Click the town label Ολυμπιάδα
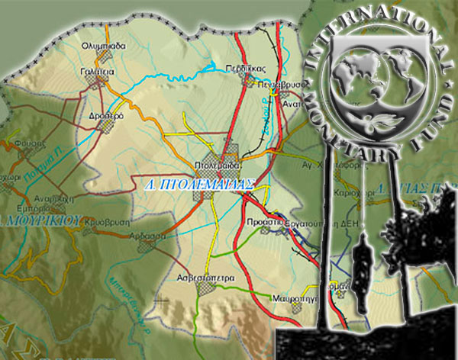tap(102, 46)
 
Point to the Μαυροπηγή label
tap(292, 290)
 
